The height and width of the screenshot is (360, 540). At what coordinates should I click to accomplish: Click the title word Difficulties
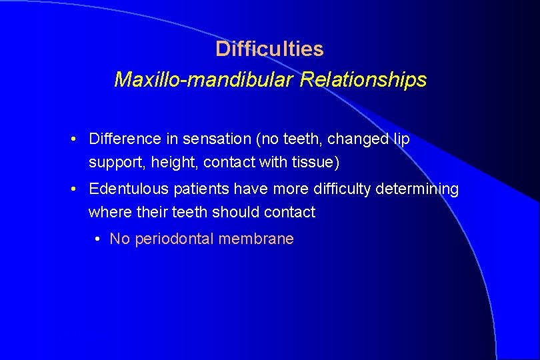point(269,49)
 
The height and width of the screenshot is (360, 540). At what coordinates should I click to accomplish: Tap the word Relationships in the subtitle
point(363,80)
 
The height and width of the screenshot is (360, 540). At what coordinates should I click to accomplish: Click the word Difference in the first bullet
point(125,139)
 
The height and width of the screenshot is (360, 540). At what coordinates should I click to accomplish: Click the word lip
point(401,139)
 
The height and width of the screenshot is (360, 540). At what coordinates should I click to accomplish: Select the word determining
point(417,189)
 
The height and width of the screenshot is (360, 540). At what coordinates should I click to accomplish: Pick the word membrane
point(261,239)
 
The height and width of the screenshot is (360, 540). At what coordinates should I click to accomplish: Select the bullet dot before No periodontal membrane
point(99,239)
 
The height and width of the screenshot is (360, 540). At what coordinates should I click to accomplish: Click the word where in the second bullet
point(108,212)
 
